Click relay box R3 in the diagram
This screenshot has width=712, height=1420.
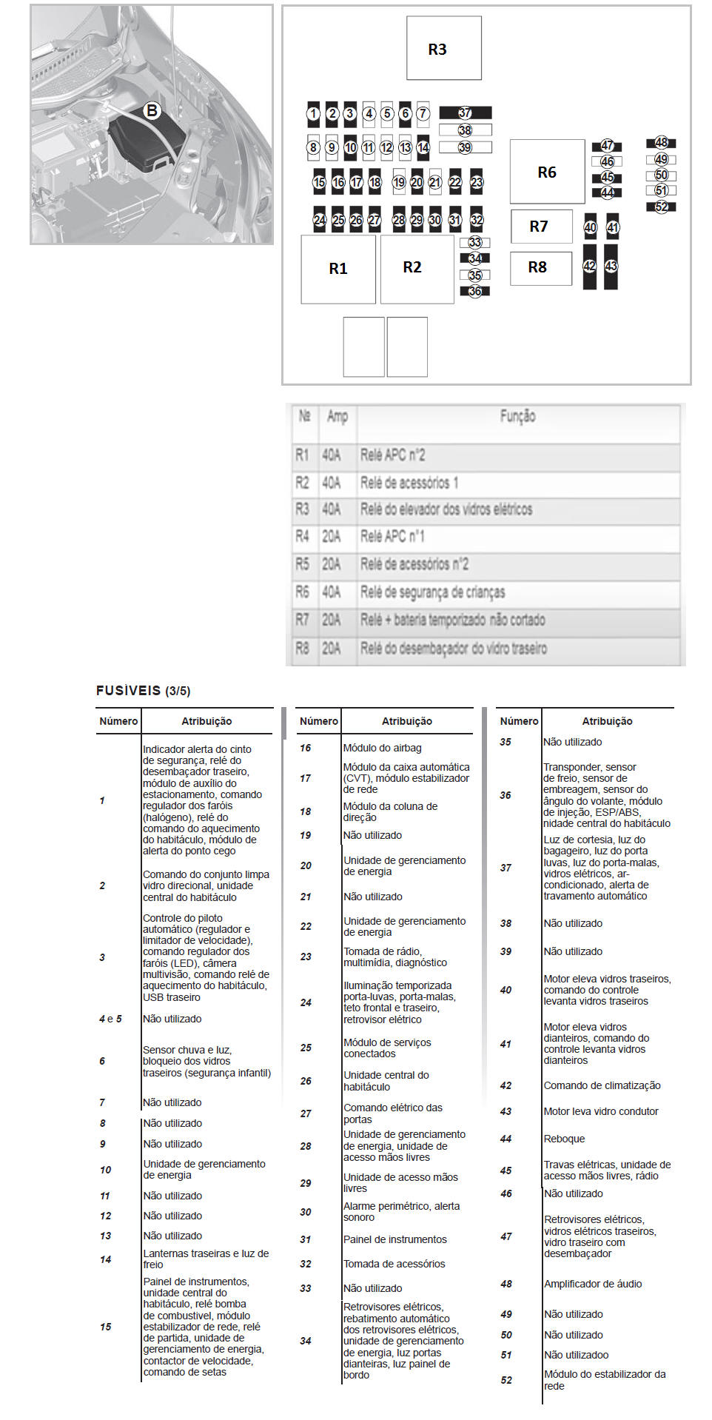(443, 49)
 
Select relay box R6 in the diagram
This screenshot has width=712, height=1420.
(547, 172)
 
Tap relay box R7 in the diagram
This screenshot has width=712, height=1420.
(541, 227)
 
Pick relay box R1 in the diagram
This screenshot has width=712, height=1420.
(338, 269)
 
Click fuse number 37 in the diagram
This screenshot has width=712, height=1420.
(465, 113)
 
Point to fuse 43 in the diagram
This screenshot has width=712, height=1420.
(611, 267)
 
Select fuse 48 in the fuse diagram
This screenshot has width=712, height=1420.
(661, 142)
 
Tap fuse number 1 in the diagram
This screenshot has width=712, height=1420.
(314, 114)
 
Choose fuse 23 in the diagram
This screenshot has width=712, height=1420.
(477, 182)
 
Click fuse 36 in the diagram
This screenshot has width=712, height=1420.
(474, 291)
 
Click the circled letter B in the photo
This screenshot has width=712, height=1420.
(152, 111)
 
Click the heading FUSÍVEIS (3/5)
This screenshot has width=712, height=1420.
(143, 691)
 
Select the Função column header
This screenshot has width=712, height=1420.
(517, 416)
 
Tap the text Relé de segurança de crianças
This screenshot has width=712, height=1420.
(432, 592)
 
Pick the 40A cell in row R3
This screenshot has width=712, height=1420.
(331, 509)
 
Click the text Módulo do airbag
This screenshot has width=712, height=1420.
(383, 748)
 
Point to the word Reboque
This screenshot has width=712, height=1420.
(564, 1139)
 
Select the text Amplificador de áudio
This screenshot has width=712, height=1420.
(593, 1284)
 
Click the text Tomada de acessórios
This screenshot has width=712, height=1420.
(394, 1264)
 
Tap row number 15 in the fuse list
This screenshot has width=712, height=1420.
(106, 1327)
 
